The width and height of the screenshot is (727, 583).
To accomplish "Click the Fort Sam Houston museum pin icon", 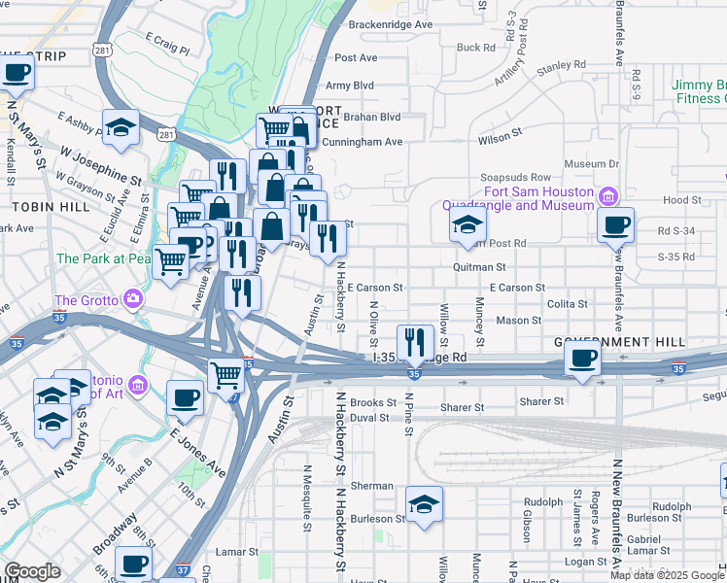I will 609,195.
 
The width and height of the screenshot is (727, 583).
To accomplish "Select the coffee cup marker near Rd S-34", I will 615,225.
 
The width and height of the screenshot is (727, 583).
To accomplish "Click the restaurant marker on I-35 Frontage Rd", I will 416,341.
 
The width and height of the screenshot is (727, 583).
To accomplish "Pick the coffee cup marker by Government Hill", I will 582,357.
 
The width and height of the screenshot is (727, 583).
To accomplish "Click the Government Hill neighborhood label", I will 620,343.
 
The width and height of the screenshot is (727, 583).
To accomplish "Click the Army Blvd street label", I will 350,86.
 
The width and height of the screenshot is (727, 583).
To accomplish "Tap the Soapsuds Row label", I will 516,178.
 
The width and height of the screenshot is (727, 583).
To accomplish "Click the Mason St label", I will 518,320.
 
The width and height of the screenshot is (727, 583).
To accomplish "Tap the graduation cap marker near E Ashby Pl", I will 121,127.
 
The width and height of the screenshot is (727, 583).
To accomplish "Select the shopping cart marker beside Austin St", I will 226,372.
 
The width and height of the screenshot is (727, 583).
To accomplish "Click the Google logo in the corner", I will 32,572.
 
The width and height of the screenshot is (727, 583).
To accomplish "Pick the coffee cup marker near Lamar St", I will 133,564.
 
